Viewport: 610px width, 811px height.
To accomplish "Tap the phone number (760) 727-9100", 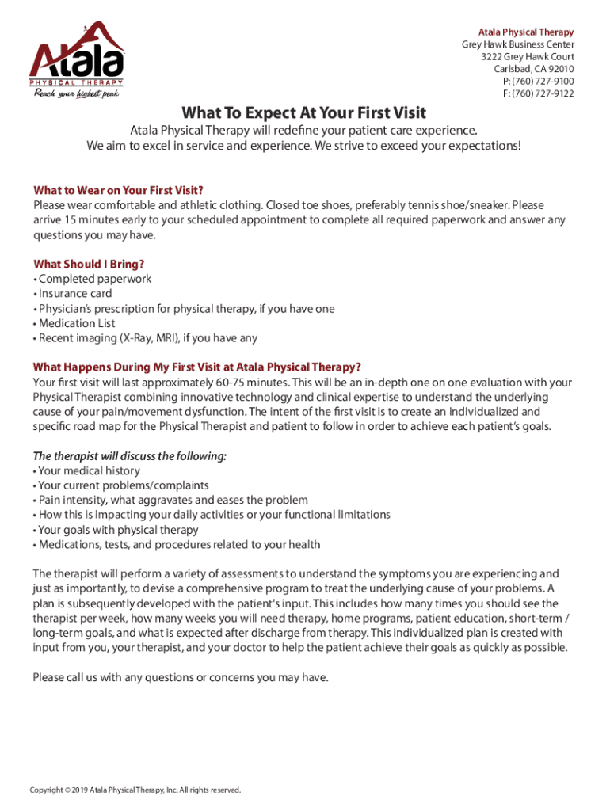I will [542, 82].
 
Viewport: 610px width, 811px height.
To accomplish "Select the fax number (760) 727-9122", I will [542, 93].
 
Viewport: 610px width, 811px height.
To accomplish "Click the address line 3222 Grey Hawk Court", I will [528, 57].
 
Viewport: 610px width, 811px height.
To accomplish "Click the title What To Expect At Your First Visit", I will [304, 112].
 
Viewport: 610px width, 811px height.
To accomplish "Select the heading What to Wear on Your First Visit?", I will [118, 190].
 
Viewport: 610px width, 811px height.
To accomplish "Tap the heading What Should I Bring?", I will [89, 264].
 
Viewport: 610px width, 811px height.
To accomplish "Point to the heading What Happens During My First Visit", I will [196, 367].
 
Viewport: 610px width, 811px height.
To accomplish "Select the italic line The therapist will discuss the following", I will [129, 456].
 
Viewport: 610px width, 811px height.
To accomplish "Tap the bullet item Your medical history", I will [90, 471].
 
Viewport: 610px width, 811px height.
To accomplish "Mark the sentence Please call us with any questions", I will [180, 677].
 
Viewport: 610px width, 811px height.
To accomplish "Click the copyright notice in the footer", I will [135, 790].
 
